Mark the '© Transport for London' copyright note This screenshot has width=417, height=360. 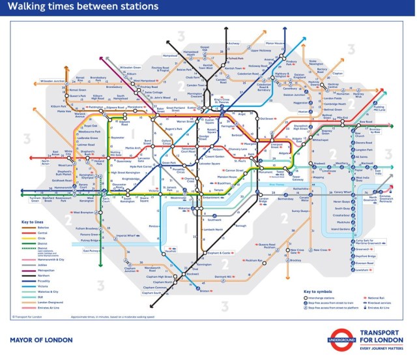click(x=27, y=318)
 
